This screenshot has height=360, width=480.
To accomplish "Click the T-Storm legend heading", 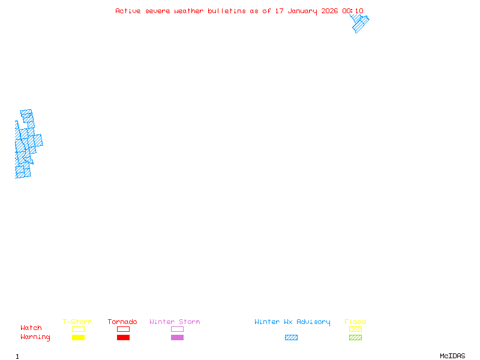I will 77,322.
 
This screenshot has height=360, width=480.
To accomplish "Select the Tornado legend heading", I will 122,322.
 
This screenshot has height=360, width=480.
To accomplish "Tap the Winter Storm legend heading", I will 175,322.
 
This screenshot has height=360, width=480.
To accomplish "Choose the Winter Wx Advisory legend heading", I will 292,322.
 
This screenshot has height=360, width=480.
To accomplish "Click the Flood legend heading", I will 355,322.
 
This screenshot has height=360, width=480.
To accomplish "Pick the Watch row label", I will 31,328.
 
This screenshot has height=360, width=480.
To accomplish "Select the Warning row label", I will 35,337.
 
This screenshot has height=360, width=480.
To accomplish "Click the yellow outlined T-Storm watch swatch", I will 78,329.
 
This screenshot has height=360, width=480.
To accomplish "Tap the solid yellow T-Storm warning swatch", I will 78,338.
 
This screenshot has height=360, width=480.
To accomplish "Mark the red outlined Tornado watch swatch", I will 123,329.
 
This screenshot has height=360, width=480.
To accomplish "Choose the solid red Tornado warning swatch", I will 123,338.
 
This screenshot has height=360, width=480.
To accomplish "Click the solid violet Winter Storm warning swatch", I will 177,338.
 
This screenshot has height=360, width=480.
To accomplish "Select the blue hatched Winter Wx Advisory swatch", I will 291,338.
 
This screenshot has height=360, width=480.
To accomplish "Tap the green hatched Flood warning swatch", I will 355,338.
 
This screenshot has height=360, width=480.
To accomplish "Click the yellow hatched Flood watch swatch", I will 355,329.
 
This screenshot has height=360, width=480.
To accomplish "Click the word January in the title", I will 305,11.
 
